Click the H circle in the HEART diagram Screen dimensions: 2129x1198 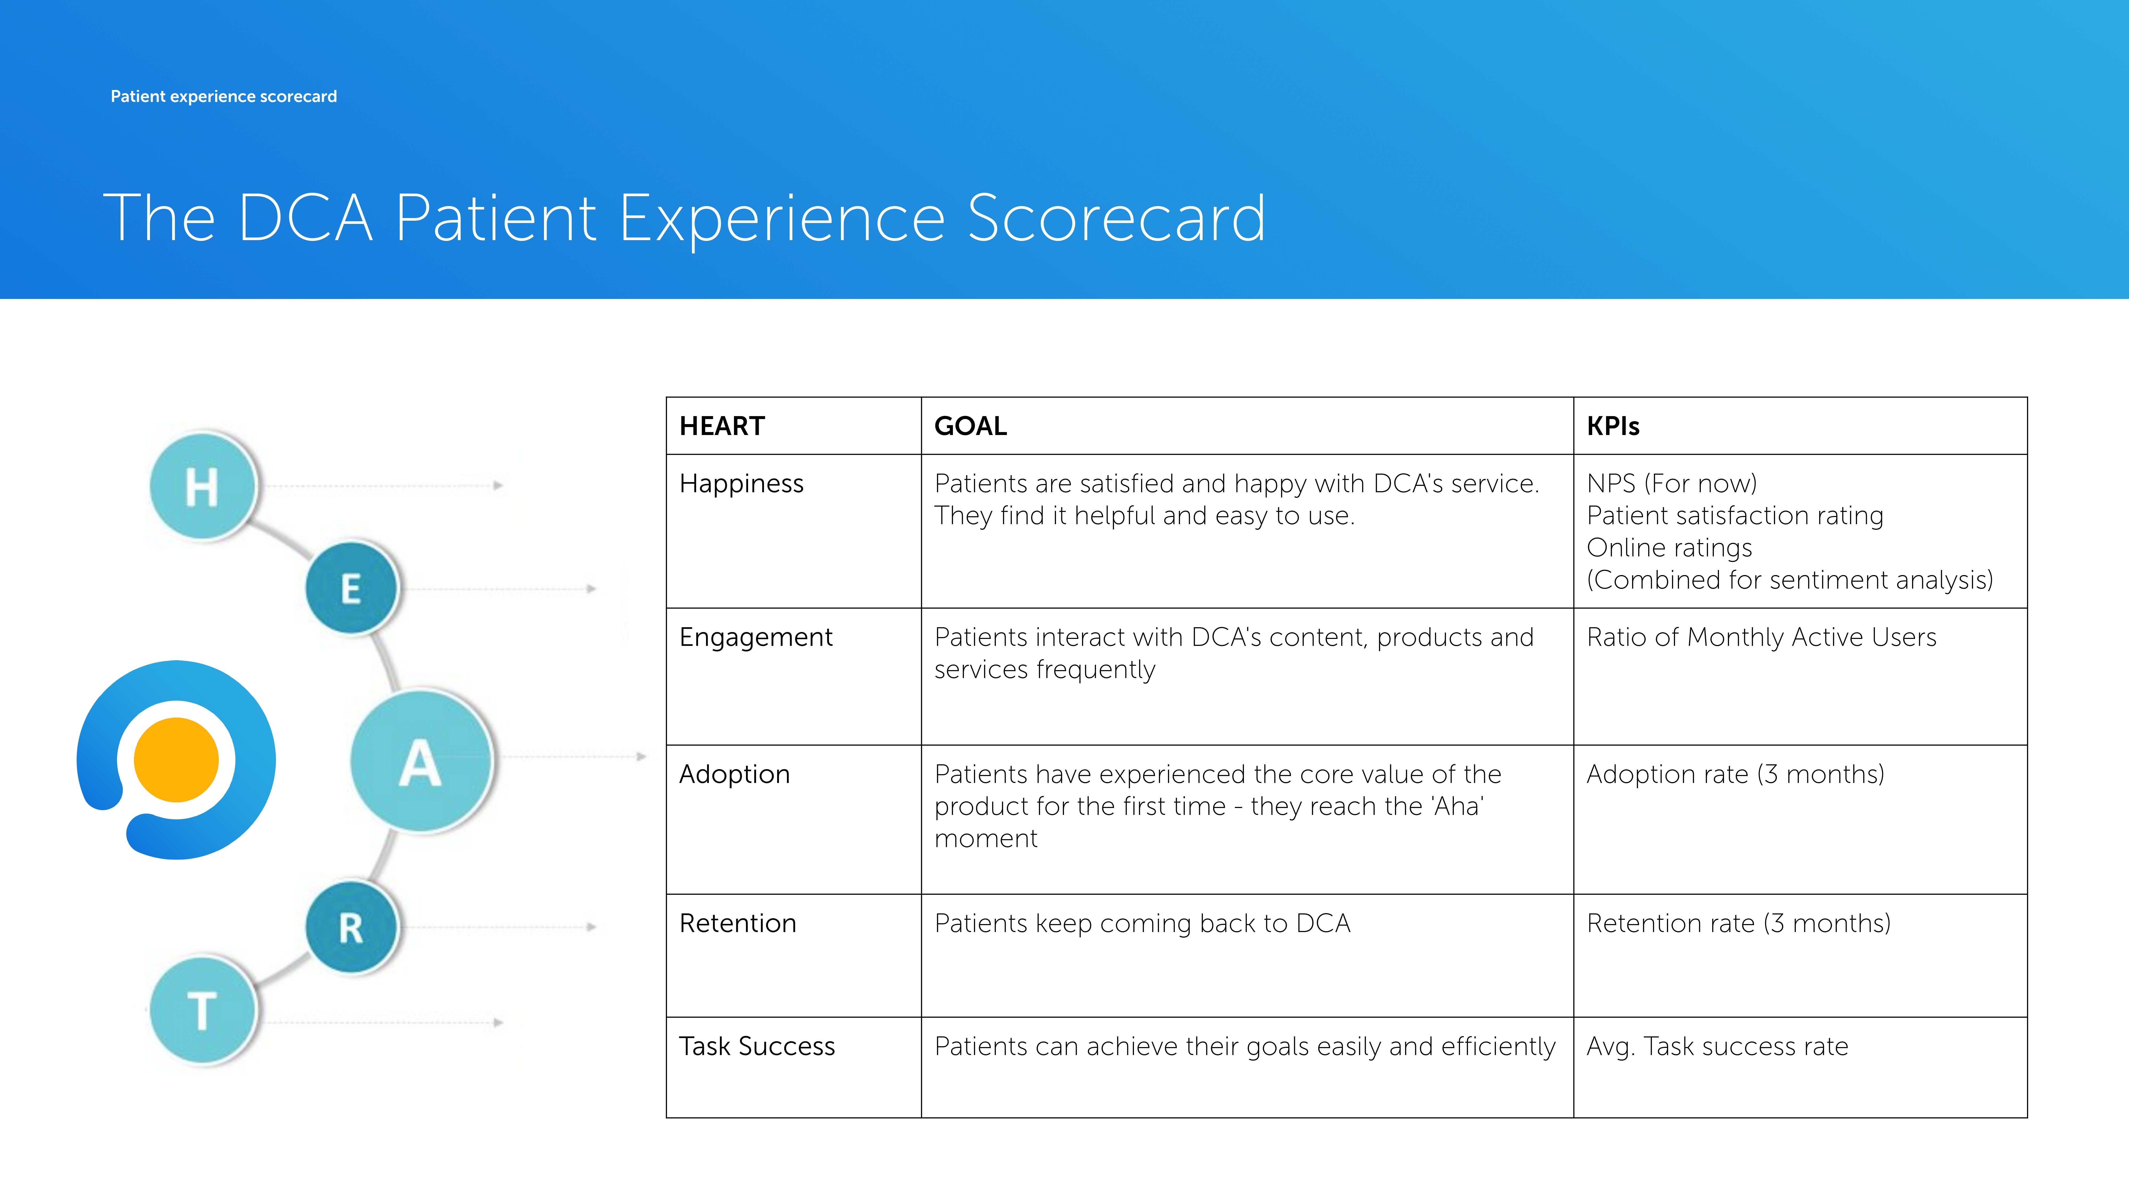click(x=203, y=486)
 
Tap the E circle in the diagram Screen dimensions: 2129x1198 click(x=352, y=588)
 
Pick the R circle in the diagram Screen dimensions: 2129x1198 click(x=352, y=928)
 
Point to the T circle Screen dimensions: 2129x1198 click(x=203, y=1010)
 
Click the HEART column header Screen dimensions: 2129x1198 click(x=721, y=426)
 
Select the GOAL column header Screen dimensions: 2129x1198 click(x=970, y=426)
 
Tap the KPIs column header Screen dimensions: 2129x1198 click(x=1612, y=426)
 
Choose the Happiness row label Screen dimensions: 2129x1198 click(x=741, y=484)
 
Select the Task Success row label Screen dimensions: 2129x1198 click(x=757, y=1047)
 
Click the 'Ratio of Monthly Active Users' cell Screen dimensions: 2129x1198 click(x=1761, y=637)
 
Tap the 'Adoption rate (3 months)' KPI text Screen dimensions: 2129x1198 click(x=1736, y=775)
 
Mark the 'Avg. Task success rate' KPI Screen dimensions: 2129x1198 click(x=1717, y=1047)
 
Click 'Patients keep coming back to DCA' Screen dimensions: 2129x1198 click(x=1142, y=924)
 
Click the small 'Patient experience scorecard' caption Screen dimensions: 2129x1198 click(x=224, y=97)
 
